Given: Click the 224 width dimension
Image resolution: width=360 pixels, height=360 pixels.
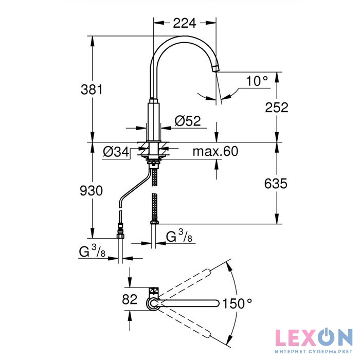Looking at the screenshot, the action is [x=185, y=23].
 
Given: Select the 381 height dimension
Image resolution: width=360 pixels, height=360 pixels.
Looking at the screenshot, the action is [x=92, y=89].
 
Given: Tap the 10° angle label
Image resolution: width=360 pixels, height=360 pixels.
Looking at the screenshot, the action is [x=257, y=81].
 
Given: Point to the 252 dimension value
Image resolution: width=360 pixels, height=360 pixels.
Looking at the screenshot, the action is [x=277, y=107].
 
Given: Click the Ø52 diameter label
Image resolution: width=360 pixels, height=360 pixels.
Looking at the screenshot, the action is [x=188, y=121].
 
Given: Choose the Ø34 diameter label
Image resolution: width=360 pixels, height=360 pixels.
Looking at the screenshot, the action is [x=116, y=152].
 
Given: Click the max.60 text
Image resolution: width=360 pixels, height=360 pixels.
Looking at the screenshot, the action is [x=215, y=152].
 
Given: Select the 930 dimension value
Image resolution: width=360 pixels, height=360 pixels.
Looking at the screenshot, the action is [x=91, y=191].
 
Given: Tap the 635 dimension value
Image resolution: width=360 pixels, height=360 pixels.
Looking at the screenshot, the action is [x=276, y=184].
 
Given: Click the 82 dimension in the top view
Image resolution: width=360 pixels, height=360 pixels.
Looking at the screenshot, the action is [x=130, y=299].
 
